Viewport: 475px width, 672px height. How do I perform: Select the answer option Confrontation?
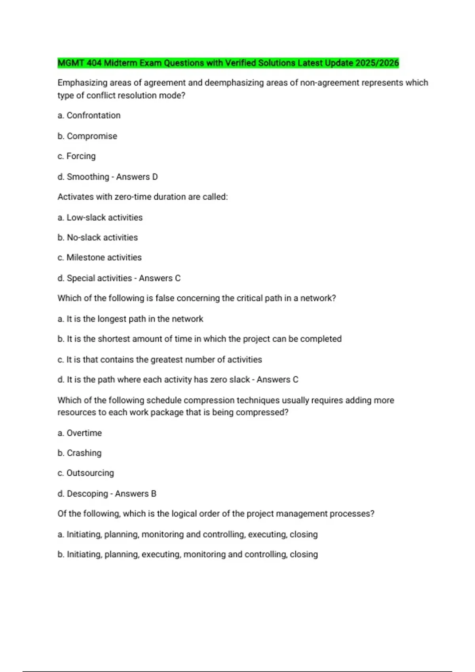(x=93, y=115)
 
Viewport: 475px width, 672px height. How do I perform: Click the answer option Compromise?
(x=92, y=136)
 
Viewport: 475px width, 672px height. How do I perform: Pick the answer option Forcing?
(x=81, y=156)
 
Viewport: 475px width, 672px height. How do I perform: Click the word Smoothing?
(x=88, y=177)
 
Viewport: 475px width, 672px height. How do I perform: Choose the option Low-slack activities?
(x=104, y=217)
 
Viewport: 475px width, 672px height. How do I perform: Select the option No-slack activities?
(x=102, y=238)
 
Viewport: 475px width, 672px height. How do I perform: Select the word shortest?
(x=114, y=339)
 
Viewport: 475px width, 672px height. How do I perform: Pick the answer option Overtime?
(x=84, y=433)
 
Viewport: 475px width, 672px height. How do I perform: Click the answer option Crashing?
(x=84, y=453)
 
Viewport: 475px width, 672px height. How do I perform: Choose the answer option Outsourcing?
(x=90, y=473)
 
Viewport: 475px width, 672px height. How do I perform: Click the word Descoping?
(x=87, y=494)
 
